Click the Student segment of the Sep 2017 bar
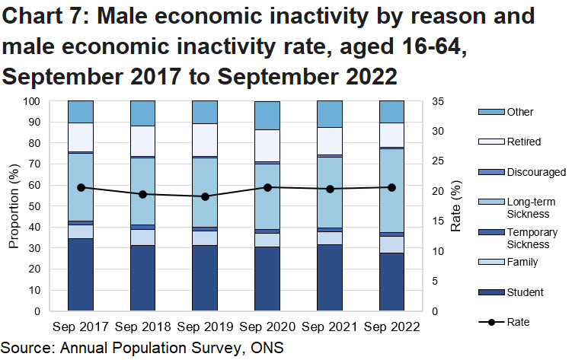click(80, 274)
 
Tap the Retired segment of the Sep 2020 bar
click(267, 145)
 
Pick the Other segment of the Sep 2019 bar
click(205, 112)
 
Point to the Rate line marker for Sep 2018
click(142, 194)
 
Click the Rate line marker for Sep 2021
click(330, 189)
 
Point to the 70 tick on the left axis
click(34, 164)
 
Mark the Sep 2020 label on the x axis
click(267, 327)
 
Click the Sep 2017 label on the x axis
click(80, 327)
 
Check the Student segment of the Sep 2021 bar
click(330, 277)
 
